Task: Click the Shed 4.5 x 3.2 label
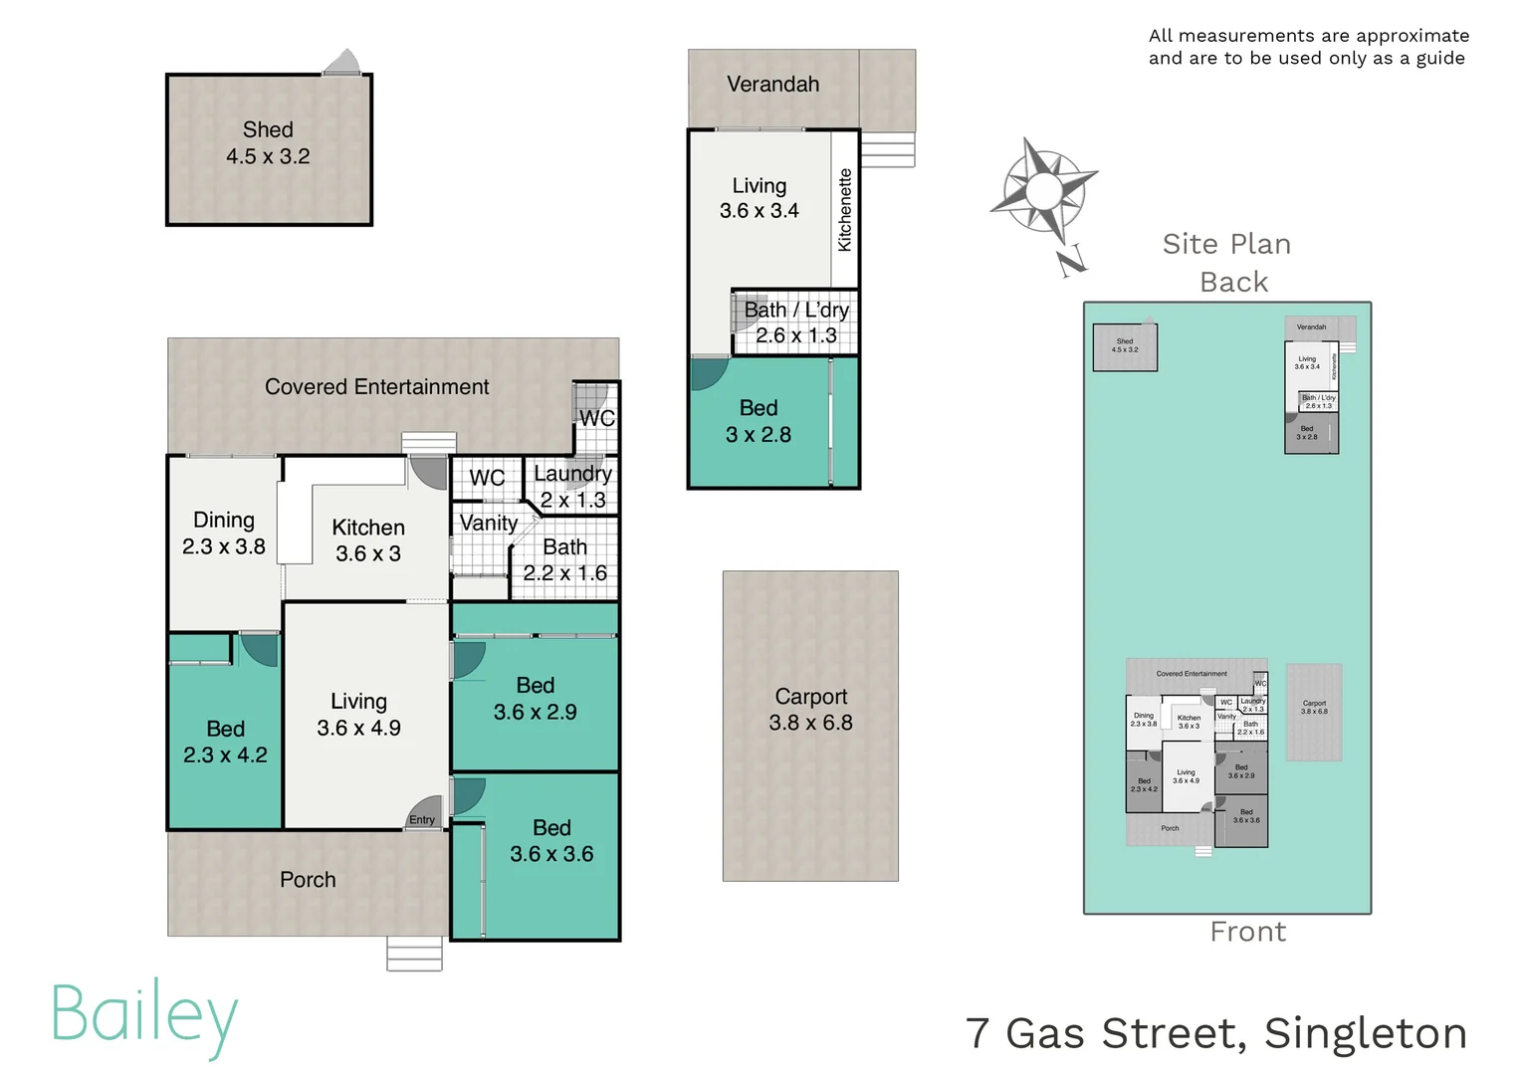pos(268,143)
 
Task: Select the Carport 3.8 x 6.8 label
pos(810,710)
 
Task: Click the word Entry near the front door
pos(422,820)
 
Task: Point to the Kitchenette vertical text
pos(845,209)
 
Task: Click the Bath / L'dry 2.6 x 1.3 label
pos(796,322)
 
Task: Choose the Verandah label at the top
pos(772,85)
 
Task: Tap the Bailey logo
pos(144,1016)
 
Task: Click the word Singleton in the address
pos(1365,1033)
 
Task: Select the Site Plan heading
pos(1226,244)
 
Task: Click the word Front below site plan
pos(1247,932)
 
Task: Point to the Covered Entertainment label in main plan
pos(376,387)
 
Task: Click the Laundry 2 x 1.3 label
pos(572,487)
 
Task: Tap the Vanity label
pos(488,524)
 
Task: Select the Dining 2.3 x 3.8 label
pos(224,533)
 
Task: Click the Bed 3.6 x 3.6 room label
pos(551,841)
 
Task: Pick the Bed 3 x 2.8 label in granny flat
pos(759,421)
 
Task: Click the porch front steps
pos(414,953)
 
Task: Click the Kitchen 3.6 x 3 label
pos(368,540)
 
